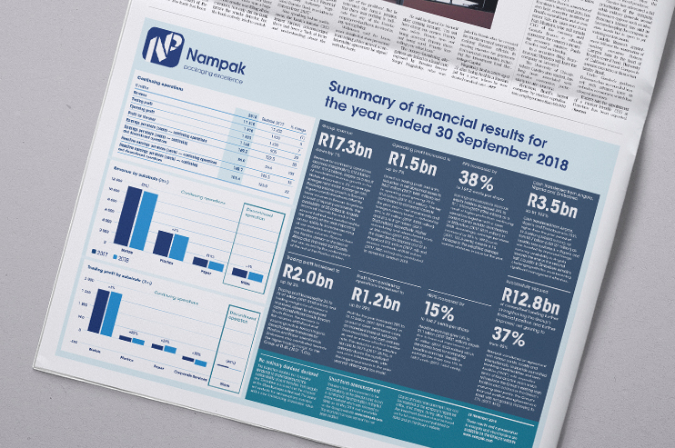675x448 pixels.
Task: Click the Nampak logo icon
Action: coord(163,48)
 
